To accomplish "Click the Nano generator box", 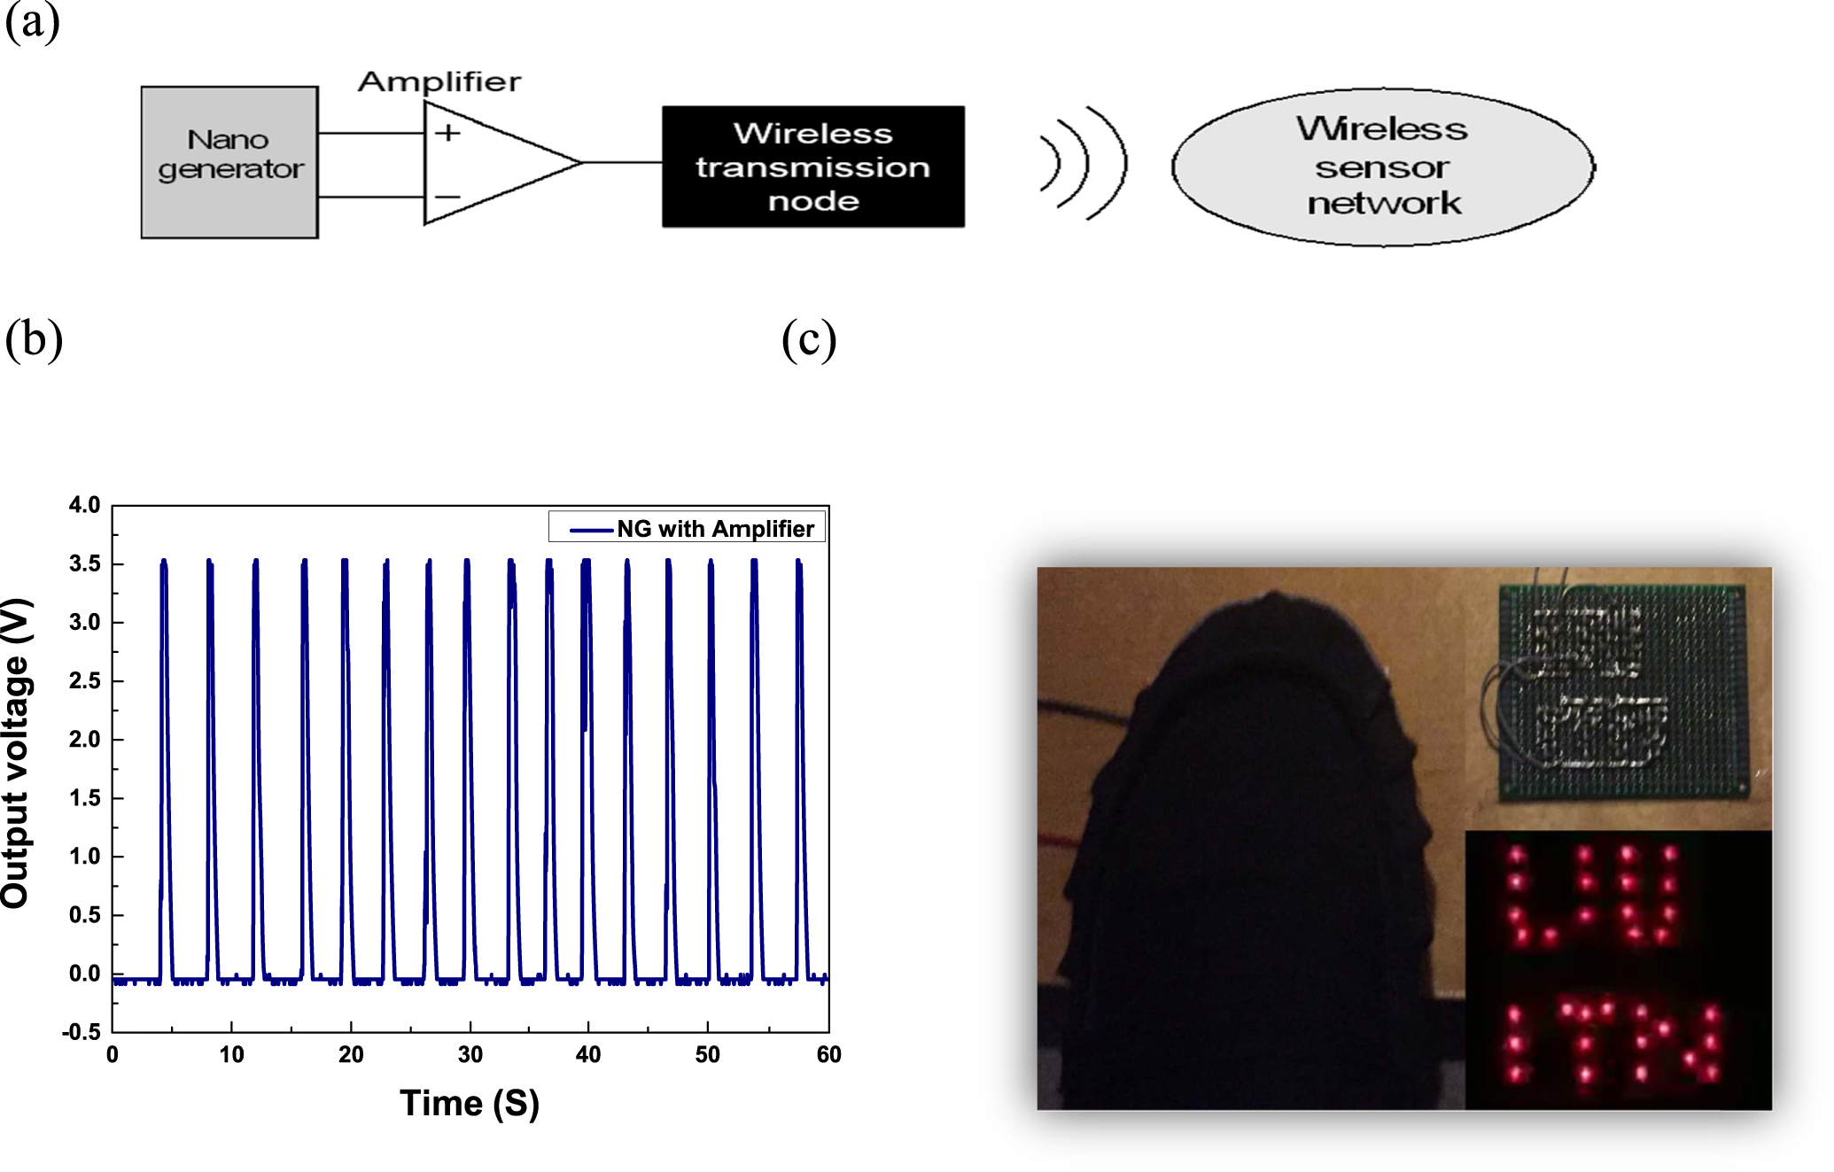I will click(x=229, y=162).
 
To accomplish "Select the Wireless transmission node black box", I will click(x=812, y=167).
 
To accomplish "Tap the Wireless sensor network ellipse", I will click(x=1382, y=167).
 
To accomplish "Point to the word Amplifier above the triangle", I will click(x=439, y=81).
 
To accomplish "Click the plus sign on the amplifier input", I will click(x=447, y=133).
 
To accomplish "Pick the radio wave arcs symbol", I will click(x=1083, y=163).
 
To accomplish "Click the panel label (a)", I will click(x=32, y=21).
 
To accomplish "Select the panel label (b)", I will click(x=34, y=339).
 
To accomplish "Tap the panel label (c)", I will click(x=808, y=339).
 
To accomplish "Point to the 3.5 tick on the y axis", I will click(x=85, y=564).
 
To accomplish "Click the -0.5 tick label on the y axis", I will click(x=82, y=1032).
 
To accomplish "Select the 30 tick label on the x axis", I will click(x=470, y=1055).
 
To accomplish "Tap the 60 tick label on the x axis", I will click(x=828, y=1055).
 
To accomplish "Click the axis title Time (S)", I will click(x=469, y=1104).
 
